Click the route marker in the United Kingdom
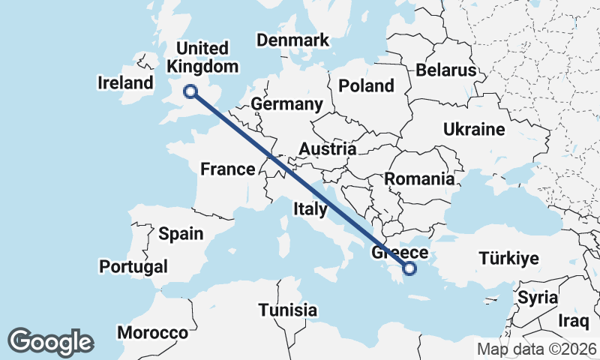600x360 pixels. coord(191,91)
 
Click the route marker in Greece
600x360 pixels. coord(409,268)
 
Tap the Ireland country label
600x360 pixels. coord(125,82)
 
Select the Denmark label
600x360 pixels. coord(292,40)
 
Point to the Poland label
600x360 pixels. coord(366,85)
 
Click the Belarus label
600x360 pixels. coord(446,70)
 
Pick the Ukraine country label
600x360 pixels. coord(474,129)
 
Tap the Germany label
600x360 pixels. coord(286,103)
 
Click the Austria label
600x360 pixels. coord(326,149)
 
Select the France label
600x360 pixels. coord(228,169)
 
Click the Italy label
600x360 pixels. coord(310,208)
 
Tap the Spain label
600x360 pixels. coord(181,233)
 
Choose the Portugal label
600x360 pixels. coord(133,266)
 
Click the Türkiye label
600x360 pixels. coord(509,259)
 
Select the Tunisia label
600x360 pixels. coord(288,310)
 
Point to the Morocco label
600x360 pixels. coord(157,332)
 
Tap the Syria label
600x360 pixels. coord(538,297)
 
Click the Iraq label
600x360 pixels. coord(574,321)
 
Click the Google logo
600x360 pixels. coord(51,342)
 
